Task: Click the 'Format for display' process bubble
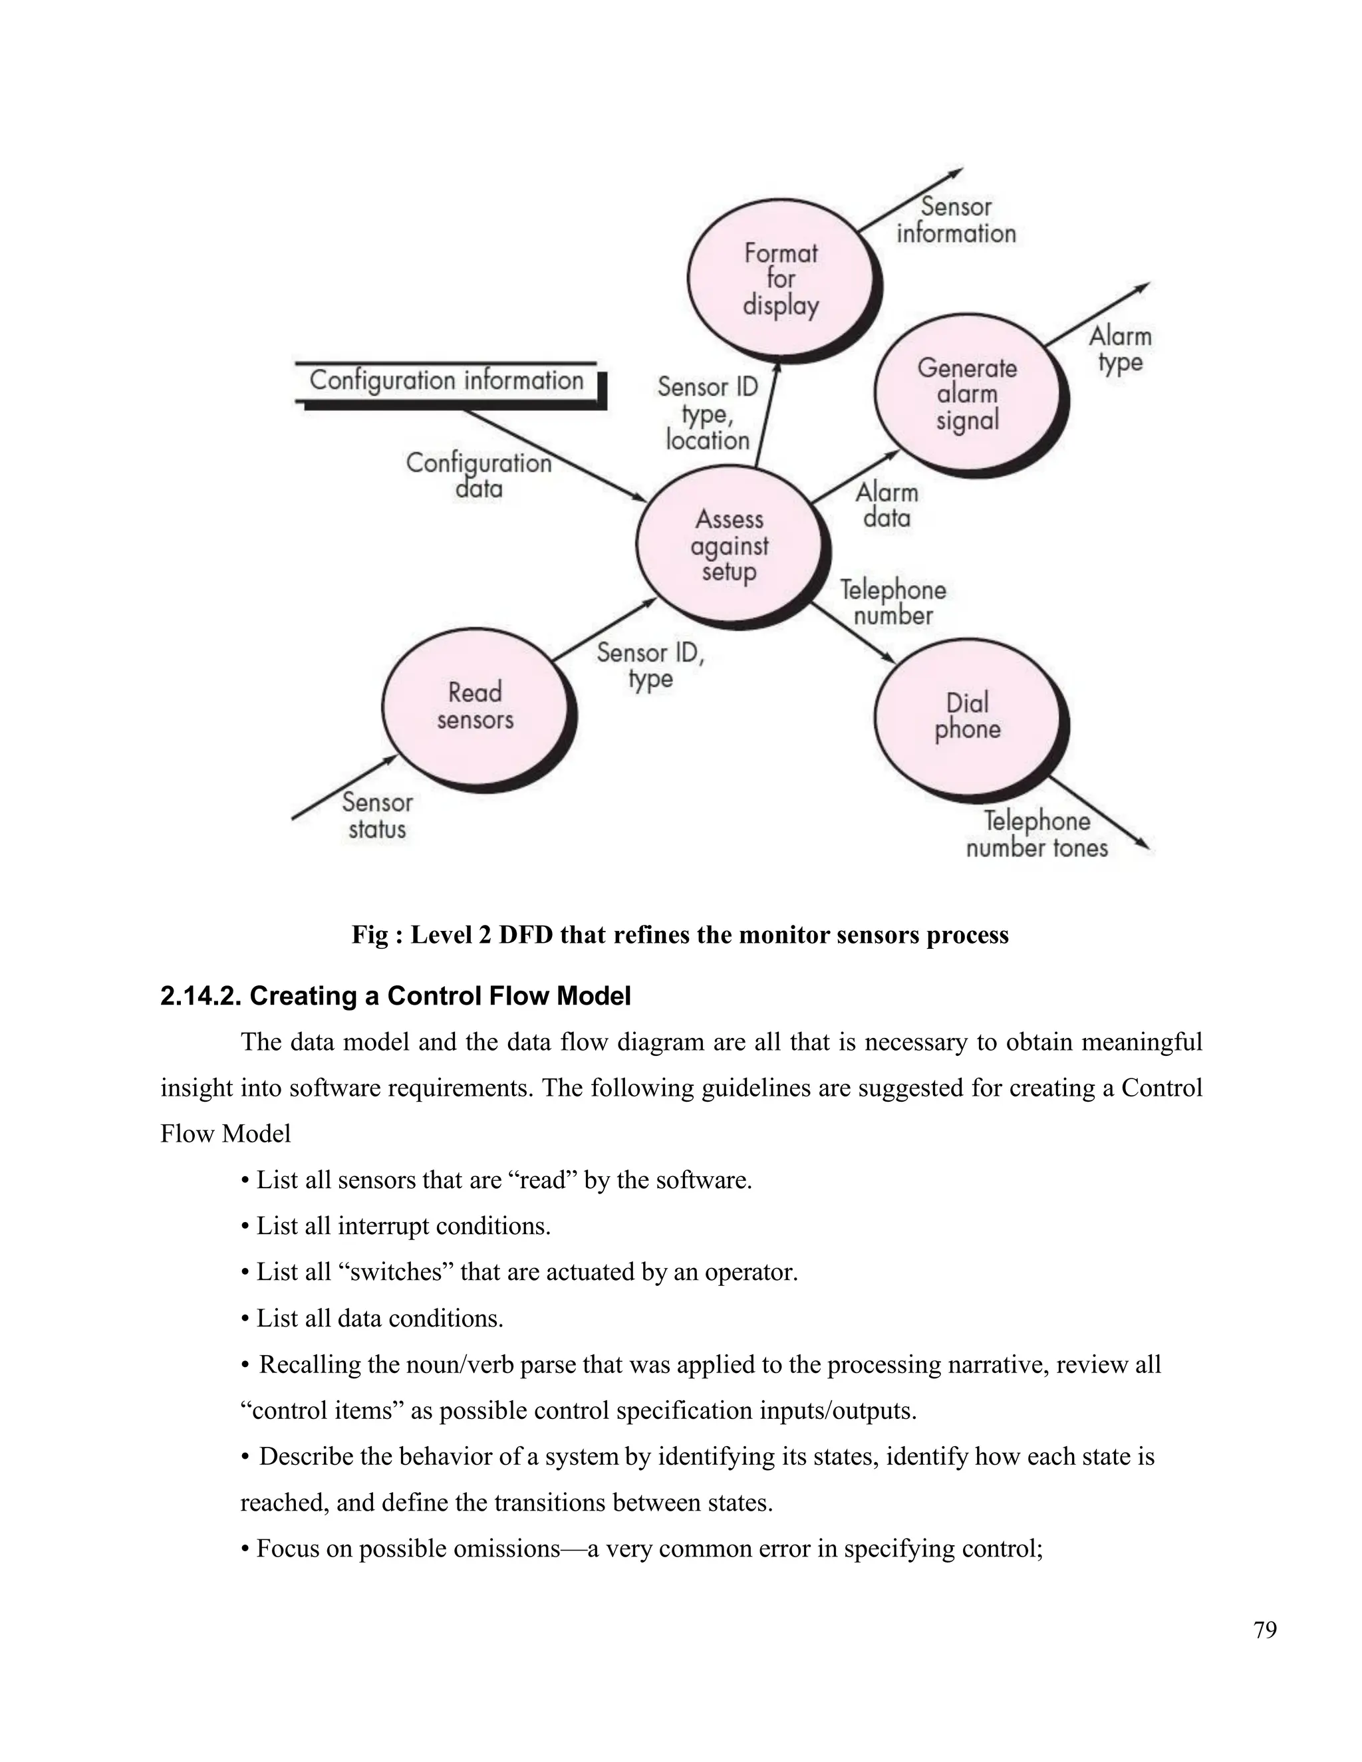(x=780, y=279)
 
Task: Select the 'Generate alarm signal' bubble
(x=966, y=394)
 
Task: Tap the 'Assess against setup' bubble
(x=730, y=545)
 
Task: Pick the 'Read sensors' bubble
(x=476, y=705)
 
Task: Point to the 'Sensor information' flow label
(x=956, y=220)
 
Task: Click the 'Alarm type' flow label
(x=1120, y=348)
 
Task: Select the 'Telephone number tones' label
(x=1037, y=834)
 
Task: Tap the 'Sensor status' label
(x=377, y=816)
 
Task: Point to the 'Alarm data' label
(x=886, y=504)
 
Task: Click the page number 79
(x=1265, y=1630)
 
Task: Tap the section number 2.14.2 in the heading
(x=201, y=997)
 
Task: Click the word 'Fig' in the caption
(x=370, y=935)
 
